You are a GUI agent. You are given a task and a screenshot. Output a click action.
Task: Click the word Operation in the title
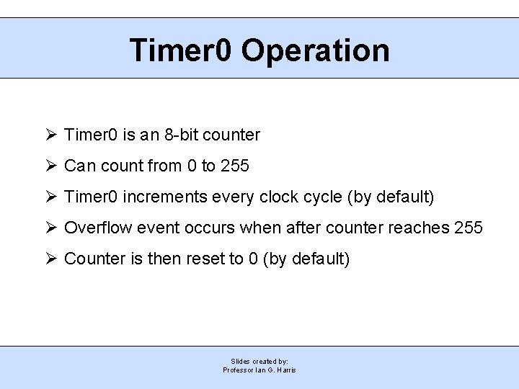pos(315,51)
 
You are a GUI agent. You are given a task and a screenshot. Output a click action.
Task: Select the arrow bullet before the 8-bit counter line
pos(50,135)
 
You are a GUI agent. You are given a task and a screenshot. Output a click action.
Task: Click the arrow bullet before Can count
pos(50,166)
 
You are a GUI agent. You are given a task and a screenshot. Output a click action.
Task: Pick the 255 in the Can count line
pos(235,166)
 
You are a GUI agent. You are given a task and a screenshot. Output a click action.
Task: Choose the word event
pos(155,228)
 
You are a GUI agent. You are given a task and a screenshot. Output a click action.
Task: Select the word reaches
pos(419,228)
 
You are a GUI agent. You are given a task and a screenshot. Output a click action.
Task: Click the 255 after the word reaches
pos(469,228)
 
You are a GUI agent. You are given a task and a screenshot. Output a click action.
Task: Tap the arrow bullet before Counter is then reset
pos(50,259)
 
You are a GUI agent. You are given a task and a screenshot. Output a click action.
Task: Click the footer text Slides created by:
pos(259,361)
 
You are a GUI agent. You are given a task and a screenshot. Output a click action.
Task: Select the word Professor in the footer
pos(239,370)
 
